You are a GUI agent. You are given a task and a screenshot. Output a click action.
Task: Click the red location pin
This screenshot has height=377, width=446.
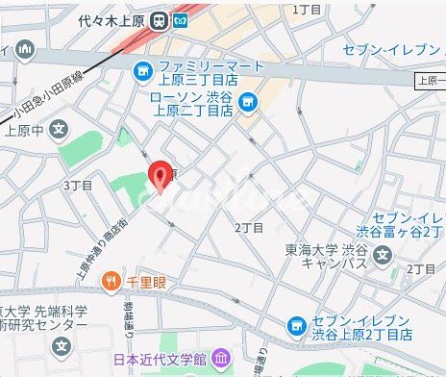point(160,177)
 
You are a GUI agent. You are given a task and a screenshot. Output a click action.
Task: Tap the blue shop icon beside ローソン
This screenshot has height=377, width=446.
point(248,101)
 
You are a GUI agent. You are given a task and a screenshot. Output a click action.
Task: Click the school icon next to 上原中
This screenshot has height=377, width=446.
point(60,129)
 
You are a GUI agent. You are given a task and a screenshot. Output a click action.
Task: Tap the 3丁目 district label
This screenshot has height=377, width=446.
point(78,184)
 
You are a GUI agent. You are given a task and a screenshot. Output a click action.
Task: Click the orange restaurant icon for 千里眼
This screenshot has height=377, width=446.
point(112,281)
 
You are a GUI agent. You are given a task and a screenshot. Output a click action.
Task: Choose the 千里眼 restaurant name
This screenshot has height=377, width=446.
point(143,281)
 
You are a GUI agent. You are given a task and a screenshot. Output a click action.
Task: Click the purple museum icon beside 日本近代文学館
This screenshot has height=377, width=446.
point(220,359)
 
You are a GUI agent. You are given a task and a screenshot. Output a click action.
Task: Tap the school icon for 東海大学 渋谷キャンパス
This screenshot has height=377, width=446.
point(383,255)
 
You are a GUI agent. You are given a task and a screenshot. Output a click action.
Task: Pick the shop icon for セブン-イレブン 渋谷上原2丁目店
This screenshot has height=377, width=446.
point(298,327)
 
